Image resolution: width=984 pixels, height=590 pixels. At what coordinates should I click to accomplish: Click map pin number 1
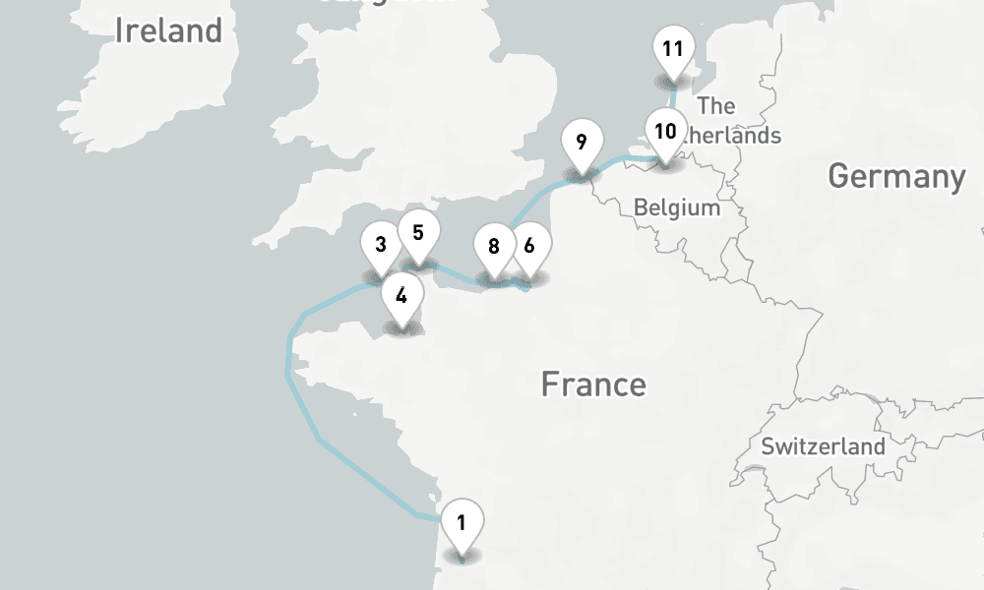(x=462, y=522)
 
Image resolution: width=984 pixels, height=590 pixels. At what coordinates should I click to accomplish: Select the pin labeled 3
(x=380, y=243)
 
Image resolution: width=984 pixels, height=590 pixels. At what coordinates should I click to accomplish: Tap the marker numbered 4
(x=401, y=294)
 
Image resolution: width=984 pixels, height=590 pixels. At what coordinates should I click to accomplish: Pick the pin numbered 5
(x=418, y=233)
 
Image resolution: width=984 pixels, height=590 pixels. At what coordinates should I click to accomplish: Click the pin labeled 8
(x=493, y=247)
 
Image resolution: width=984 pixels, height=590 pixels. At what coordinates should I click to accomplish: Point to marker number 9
(x=582, y=143)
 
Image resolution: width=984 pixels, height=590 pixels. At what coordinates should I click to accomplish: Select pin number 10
(x=666, y=132)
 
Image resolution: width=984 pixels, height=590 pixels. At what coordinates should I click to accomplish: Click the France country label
(x=593, y=383)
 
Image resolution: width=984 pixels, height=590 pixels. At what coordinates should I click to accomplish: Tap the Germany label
(x=896, y=177)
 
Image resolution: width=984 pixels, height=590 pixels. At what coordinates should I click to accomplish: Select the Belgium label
(x=677, y=207)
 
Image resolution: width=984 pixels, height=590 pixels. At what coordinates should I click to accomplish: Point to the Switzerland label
(x=824, y=445)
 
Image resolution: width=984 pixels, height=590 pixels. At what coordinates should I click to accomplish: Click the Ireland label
(x=168, y=30)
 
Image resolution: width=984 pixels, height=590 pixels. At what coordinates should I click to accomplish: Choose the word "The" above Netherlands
(x=715, y=105)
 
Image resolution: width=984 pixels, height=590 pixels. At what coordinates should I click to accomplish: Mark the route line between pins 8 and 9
(x=536, y=202)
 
